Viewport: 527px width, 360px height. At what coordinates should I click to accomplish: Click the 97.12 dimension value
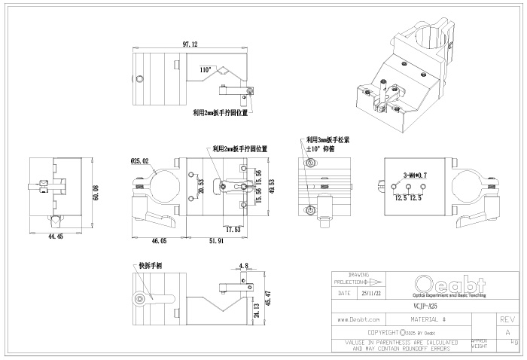[190, 45]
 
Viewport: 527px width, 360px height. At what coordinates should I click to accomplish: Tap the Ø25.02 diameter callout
[140, 161]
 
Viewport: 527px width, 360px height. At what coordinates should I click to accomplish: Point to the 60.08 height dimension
[96, 194]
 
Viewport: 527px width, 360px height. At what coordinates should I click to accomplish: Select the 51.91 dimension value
[216, 241]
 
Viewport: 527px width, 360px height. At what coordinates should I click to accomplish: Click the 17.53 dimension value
[233, 229]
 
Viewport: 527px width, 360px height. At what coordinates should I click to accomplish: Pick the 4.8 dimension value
[243, 265]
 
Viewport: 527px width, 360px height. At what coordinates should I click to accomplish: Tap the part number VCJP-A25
[425, 307]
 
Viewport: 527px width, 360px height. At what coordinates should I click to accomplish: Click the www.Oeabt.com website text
[358, 320]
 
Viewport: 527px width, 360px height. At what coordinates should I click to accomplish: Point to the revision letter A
[507, 332]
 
